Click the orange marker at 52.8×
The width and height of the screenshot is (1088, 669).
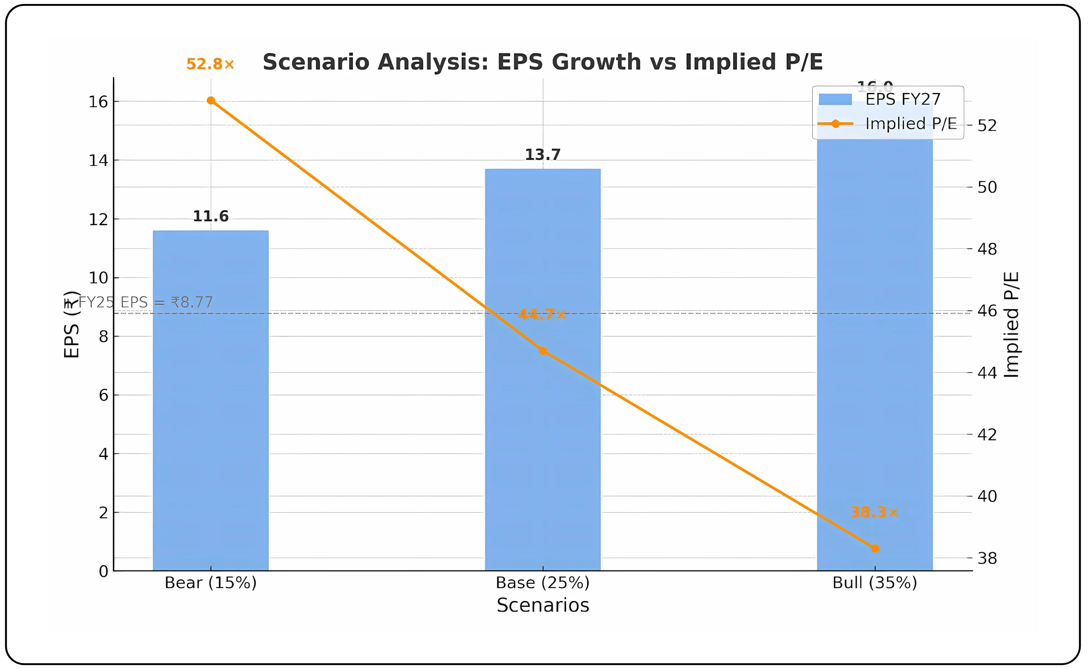(x=211, y=100)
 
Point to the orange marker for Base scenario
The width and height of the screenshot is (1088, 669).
(x=543, y=351)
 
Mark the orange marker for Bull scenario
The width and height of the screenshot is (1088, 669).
(x=875, y=549)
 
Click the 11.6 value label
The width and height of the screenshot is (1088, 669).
(x=210, y=216)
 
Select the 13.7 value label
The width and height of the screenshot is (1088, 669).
(x=543, y=155)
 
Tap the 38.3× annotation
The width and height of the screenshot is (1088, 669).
(x=874, y=512)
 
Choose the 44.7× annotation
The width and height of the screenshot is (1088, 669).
(x=542, y=314)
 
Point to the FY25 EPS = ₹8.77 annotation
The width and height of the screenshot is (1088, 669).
(x=145, y=302)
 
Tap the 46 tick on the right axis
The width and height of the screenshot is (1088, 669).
(x=987, y=311)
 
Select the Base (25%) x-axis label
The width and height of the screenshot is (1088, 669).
(x=543, y=583)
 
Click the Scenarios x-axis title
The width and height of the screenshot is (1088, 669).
(x=543, y=605)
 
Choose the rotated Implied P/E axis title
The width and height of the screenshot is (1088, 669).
(x=1011, y=325)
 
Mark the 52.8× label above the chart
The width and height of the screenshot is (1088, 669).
(x=210, y=64)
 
